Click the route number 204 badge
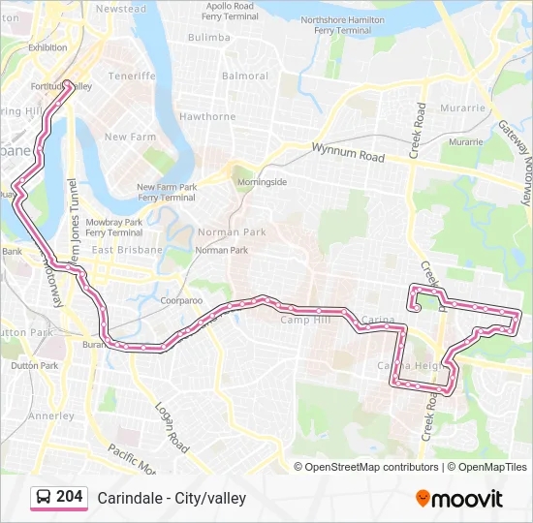(x=59, y=497)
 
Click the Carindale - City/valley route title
(x=172, y=498)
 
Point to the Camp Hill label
(x=305, y=320)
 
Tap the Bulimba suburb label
(x=209, y=37)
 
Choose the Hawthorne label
(x=207, y=117)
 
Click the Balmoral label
(x=245, y=76)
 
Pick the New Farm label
(x=130, y=138)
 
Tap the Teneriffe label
(x=133, y=76)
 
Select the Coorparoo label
(x=181, y=300)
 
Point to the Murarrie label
(x=462, y=108)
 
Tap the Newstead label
(x=121, y=9)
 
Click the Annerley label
(x=51, y=416)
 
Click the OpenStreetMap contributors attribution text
(x=372, y=467)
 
